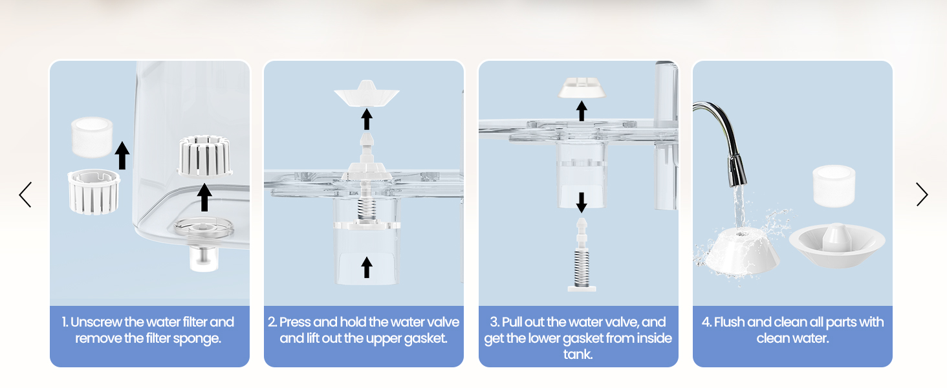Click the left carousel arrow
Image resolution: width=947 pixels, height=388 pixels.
tap(25, 195)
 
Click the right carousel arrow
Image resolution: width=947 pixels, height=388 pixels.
tap(922, 195)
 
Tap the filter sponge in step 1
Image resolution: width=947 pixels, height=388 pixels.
tap(92, 137)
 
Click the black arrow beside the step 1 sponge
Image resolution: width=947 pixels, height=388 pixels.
tap(122, 156)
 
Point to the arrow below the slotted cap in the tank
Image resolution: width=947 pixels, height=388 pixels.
tap(204, 197)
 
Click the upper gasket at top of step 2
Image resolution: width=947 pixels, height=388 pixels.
tap(367, 93)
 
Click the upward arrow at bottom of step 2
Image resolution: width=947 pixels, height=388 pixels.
tap(367, 268)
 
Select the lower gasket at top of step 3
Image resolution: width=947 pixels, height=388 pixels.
tap(582, 87)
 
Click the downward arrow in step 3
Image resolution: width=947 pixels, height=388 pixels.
tap(582, 202)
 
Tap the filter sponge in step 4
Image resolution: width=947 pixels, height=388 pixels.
tap(834, 186)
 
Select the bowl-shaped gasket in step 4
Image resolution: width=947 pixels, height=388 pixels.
tap(836, 245)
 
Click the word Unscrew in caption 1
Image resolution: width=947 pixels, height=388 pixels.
tap(96, 322)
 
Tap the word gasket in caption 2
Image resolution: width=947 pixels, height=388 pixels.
tap(425, 339)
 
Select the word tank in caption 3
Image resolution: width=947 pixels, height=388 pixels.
tap(578, 354)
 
